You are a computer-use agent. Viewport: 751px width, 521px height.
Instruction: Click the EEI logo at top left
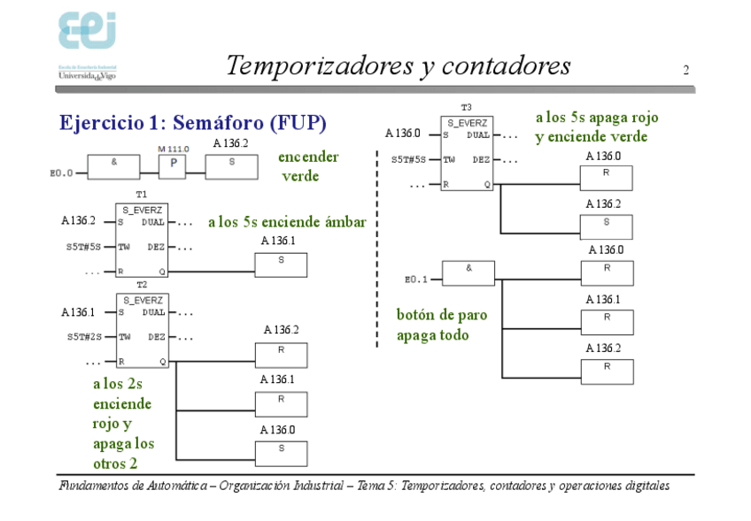point(89,33)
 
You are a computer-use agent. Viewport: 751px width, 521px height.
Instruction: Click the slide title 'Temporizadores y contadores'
point(398,66)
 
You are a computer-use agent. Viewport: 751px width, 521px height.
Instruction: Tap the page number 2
point(685,70)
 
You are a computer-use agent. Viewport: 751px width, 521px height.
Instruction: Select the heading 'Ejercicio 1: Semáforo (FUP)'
point(193,122)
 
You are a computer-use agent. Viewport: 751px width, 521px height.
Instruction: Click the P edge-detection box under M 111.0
point(172,167)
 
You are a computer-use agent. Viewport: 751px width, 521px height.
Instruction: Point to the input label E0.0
point(61,173)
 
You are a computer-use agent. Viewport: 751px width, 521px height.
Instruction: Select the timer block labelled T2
point(142,330)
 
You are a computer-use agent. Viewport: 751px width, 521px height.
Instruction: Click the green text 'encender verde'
point(307,166)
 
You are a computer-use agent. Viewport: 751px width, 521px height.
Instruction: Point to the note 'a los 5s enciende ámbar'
point(286,223)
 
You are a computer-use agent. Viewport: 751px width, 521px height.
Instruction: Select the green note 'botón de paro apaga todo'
point(441,325)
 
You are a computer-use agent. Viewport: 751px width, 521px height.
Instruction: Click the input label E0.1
point(415,280)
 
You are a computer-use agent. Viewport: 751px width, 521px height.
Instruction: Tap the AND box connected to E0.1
point(468,272)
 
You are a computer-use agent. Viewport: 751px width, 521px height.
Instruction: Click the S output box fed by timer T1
point(281,264)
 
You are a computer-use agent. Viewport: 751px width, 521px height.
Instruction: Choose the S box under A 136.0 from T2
point(281,453)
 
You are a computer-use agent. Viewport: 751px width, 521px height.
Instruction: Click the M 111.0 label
point(173,149)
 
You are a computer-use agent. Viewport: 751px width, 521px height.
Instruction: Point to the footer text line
point(364,486)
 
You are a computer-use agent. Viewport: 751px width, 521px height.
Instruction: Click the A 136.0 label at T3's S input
point(402,134)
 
